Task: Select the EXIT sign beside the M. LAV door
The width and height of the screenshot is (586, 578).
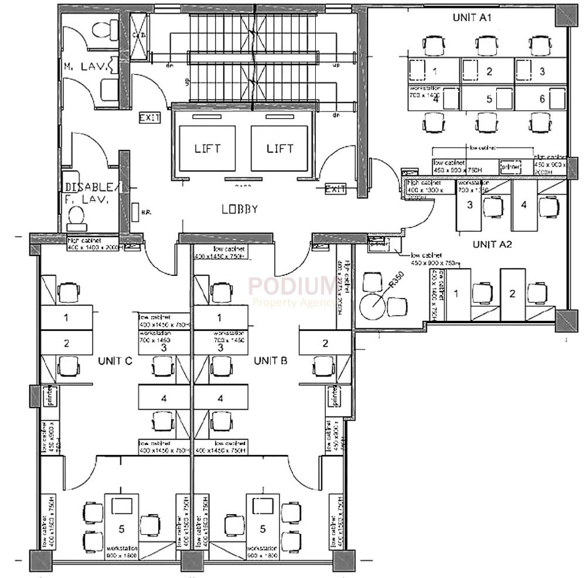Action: pyautogui.click(x=149, y=118)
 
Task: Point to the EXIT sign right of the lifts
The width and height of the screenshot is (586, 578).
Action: pyautogui.click(x=335, y=189)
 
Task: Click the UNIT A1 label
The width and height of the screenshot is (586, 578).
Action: pyautogui.click(x=472, y=18)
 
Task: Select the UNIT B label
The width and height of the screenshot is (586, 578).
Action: pyautogui.click(x=270, y=361)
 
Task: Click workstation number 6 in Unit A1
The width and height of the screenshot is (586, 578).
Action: pyautogui.click(x=542, y=98)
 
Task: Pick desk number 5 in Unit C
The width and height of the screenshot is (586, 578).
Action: pyautogui.click(x=121, y=528)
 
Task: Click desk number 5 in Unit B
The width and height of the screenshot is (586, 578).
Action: pyautogui.click(x=263, y=528)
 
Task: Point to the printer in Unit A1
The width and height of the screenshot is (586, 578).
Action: pyautogui.click(x=510, y=166)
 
